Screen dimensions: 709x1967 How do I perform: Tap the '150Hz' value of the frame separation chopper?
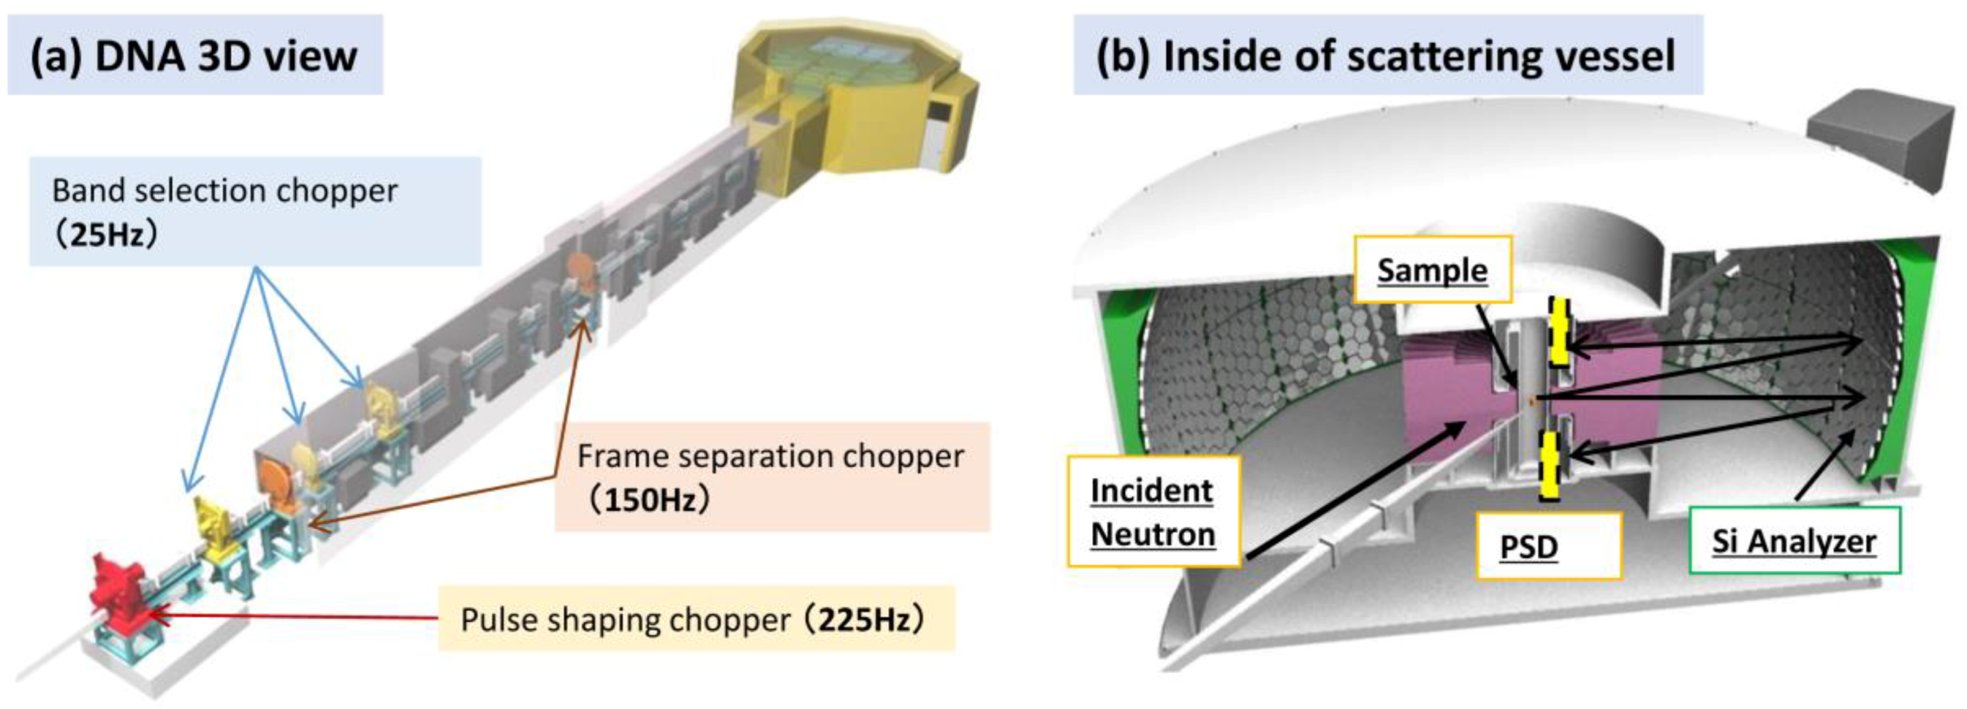click(650, 500)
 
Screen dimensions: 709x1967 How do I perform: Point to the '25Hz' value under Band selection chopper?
click(107, 235)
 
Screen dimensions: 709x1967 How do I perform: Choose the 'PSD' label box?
click(1548, 547)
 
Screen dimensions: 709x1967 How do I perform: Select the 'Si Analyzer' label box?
click(1794, 541)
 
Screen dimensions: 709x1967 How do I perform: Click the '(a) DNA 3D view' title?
click(194, 56)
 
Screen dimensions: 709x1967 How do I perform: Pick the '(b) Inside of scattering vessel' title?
click(1387, 56)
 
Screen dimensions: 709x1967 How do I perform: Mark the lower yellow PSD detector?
click(1549, 466)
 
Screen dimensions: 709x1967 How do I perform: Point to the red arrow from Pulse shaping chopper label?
click(298, 615)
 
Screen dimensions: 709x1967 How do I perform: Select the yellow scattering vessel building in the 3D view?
click(855, 99)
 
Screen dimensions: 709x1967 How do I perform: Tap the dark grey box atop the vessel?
click(1879, 137)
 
